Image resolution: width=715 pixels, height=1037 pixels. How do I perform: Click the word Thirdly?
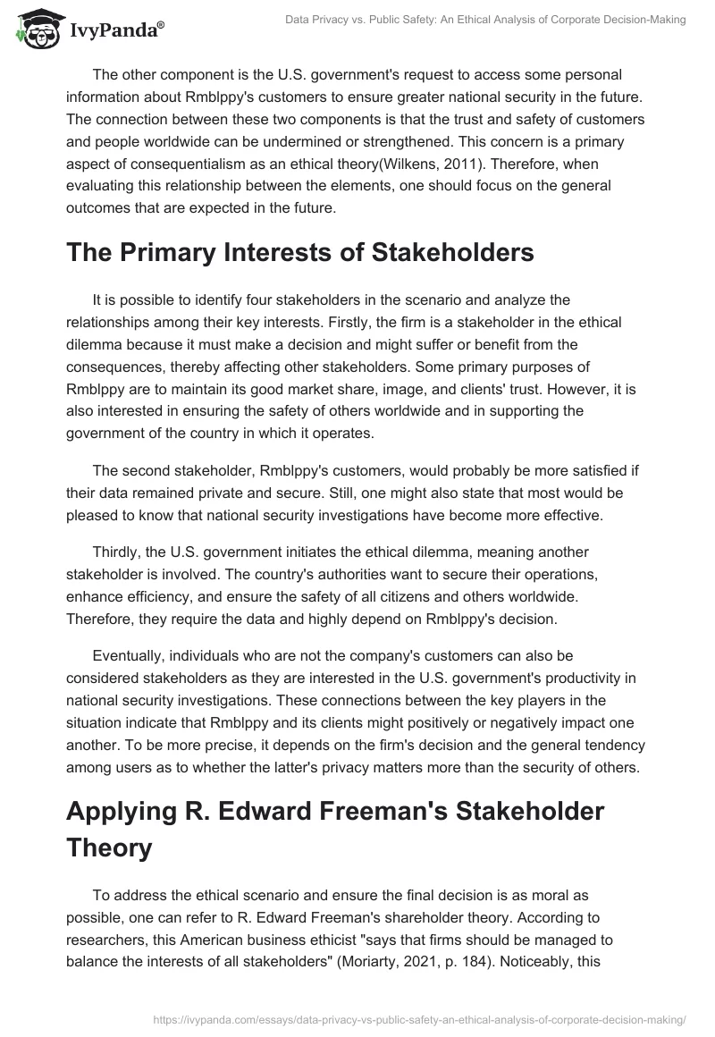120,553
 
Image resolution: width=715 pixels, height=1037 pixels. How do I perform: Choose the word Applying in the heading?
125,811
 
